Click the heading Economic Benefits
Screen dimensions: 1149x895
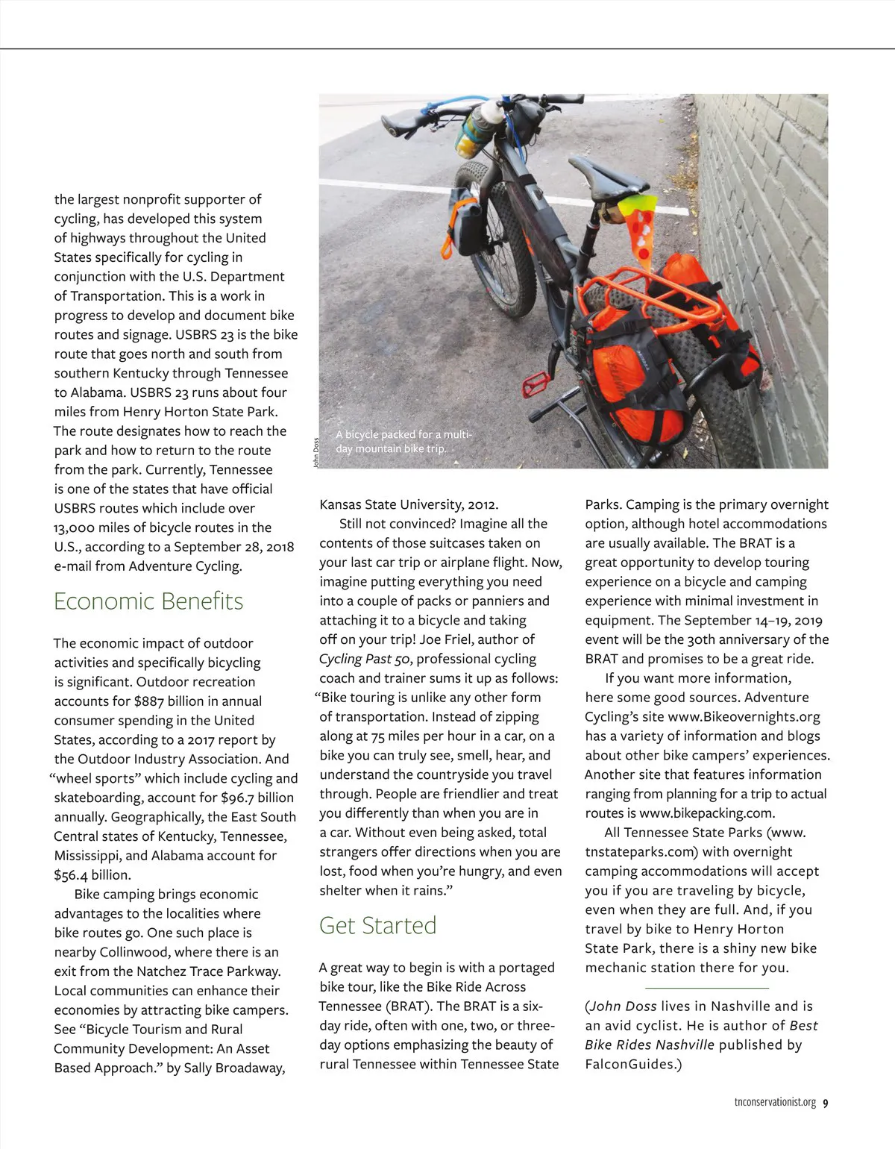148,601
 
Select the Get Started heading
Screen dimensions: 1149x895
377,925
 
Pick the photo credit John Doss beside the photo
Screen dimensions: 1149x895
315,453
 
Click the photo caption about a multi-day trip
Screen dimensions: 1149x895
403,441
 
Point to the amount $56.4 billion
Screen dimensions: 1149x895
92,875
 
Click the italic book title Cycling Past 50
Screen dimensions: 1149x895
362,659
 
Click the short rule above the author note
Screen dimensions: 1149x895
706,987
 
